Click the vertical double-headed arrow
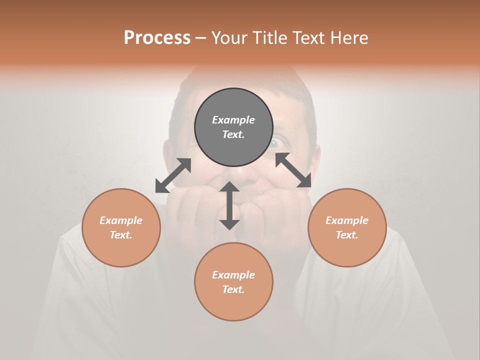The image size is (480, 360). point(229,205)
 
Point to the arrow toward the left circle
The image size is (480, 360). point(173,175)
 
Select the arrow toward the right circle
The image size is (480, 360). point(293,170)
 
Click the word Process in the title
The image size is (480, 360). point(157,37)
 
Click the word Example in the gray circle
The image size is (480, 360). point(233,120)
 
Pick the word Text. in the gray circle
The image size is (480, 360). point(233,134)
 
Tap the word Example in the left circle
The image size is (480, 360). point(121,220)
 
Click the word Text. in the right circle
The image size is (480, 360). point(347,235)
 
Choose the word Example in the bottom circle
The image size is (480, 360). point(233,275)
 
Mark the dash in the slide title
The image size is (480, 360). point(201,38)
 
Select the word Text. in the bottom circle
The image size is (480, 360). point(233,289)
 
